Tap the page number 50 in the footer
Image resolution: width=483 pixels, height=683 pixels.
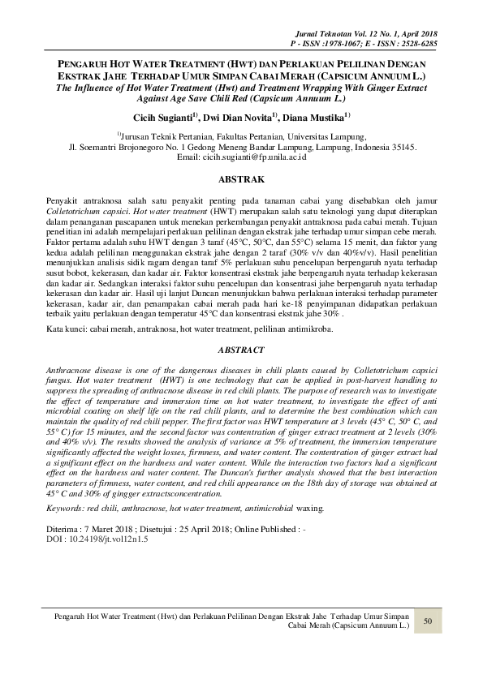[427, 621]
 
